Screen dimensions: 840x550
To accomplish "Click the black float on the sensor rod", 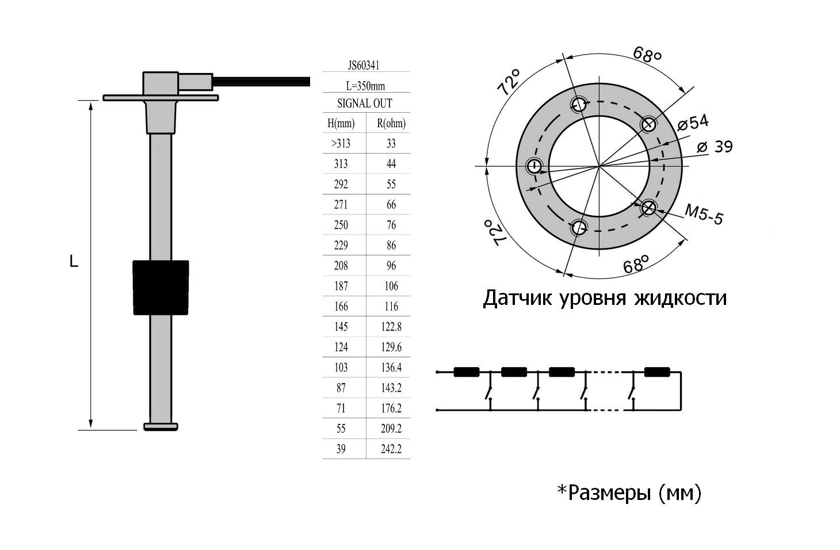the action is point(161,288).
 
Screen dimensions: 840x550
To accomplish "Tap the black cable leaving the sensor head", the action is point(261,81).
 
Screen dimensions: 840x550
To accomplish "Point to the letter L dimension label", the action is point(74,261).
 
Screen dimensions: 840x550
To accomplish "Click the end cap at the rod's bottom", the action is point(161,427).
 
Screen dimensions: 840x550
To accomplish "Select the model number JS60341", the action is point(364,66).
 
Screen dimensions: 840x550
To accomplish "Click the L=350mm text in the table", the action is point(365,86).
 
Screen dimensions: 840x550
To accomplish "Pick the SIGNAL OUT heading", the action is point(365,103).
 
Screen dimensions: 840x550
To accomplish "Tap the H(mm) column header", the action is point(341,123).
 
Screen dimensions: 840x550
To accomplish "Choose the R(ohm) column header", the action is point(391,123).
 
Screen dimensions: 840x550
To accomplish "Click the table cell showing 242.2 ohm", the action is point(391,449).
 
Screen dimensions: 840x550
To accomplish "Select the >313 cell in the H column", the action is point(341,143).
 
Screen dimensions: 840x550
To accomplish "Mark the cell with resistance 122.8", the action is point(391,327).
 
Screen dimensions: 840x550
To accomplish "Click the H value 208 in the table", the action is point(341,265).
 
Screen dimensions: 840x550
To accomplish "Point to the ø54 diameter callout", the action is point(693,123).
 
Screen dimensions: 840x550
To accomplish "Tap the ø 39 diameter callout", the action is point(715,147).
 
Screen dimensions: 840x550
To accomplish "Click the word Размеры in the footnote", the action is point(609,494).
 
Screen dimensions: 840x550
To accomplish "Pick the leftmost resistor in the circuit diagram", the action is point(467,372).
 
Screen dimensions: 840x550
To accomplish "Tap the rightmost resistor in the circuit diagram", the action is point(657,372).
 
